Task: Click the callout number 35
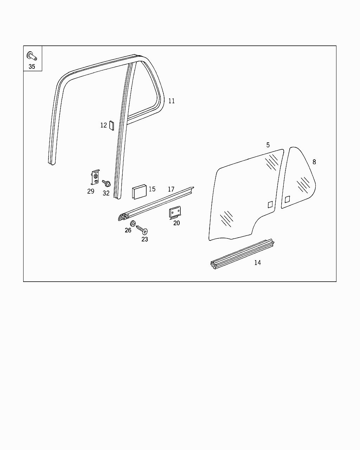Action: click(x=32, y=66)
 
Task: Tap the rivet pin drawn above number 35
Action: click(x=32, y=56)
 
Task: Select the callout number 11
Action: click(x=172, y=101)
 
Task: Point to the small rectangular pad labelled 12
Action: click(x=112, y=125)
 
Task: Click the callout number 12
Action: click(x=104, y=125)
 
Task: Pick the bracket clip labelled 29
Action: click(x=95, y=177)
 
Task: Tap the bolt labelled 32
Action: click(x=107, y=184)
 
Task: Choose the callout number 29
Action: click(x=91, y=191)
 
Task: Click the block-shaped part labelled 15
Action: click(x=139, y=192)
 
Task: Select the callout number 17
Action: click(x=171, y=189)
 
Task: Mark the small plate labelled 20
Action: click(x=175, y=213)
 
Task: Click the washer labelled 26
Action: click(x=133, y=224)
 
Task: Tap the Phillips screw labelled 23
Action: click(x=142, y=230)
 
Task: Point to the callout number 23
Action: click(x=145, y=239)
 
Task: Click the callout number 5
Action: click(x=268, y=145)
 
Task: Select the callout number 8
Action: click(x=314, y=162)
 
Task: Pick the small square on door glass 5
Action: click(x=270, y=204)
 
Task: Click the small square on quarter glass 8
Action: click(x=288, y=199)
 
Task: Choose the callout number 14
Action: click(x=257, y=263)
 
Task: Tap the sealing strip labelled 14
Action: click(x=242, y=254)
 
